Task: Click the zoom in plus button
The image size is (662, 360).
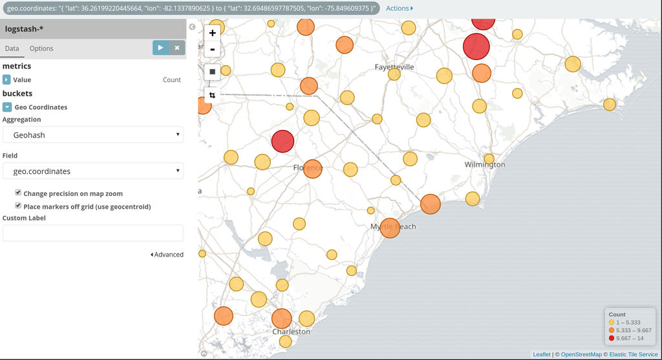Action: coord(212,32)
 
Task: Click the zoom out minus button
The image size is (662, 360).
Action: coord(212,49)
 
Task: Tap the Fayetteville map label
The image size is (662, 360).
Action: coord(394,67)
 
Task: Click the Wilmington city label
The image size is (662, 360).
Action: coord(485,165)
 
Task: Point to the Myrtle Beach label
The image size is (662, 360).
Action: coord(393,227)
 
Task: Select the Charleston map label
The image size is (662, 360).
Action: coord(291,332)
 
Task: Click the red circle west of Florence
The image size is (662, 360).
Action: coord(283,141)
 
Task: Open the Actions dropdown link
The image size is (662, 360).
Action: coord(400,8)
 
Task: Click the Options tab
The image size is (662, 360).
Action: coord(41,48)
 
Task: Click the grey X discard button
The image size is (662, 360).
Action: coord(176,48)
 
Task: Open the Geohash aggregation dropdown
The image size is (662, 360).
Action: coord(93,135)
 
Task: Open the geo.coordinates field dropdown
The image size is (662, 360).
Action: coord(93,171)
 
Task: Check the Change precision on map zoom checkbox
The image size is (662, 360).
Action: coord(18,193)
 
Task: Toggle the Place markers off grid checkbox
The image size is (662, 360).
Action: coord(18,206)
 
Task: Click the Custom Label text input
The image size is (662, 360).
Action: coord(93,233)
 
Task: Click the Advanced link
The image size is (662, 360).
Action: coord(167,255)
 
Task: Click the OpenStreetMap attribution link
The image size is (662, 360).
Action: coord(581,354)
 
